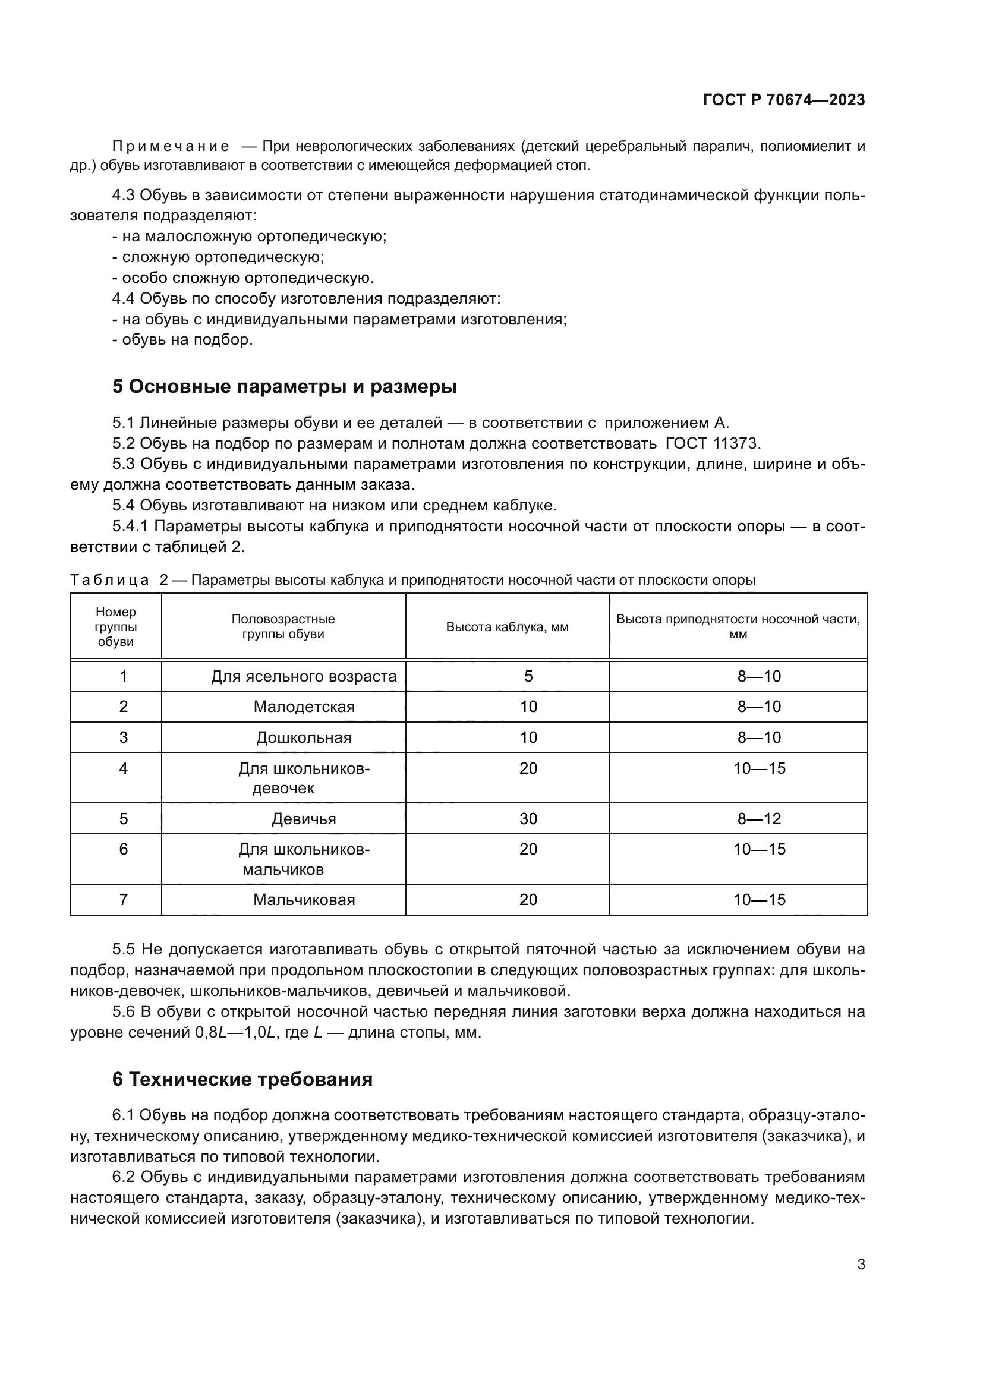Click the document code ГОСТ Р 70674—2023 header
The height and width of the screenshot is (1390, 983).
(x=783, y=100)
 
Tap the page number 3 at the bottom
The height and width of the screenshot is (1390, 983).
(x=861, y=1264)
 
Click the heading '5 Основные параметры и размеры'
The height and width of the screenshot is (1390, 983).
(x=284, y=386)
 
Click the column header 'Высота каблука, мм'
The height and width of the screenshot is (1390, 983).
(x=506, y=626)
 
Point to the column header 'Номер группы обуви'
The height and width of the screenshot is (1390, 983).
(x=116, y=626)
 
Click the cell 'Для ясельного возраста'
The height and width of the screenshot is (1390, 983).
(x=303, y=676)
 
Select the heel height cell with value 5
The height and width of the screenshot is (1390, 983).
(x=528, y=676)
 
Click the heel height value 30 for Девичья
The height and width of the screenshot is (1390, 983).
(x=528, y=818)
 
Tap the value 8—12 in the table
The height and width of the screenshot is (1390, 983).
(x=758, y=818)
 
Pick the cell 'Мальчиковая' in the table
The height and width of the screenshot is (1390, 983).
(x=303, y=899)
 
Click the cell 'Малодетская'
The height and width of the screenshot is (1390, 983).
(x=303, y=707)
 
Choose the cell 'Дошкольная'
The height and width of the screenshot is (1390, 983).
(x=303, y=737)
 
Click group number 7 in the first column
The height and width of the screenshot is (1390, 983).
(x=123, y=899)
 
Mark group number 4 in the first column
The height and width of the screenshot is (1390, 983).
(x=123, y=768)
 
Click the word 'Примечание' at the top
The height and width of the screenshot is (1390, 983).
(x=171, y=147)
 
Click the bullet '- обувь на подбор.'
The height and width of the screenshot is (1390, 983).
(x=182, y=340)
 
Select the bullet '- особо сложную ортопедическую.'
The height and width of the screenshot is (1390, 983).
(x=242, y=278)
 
